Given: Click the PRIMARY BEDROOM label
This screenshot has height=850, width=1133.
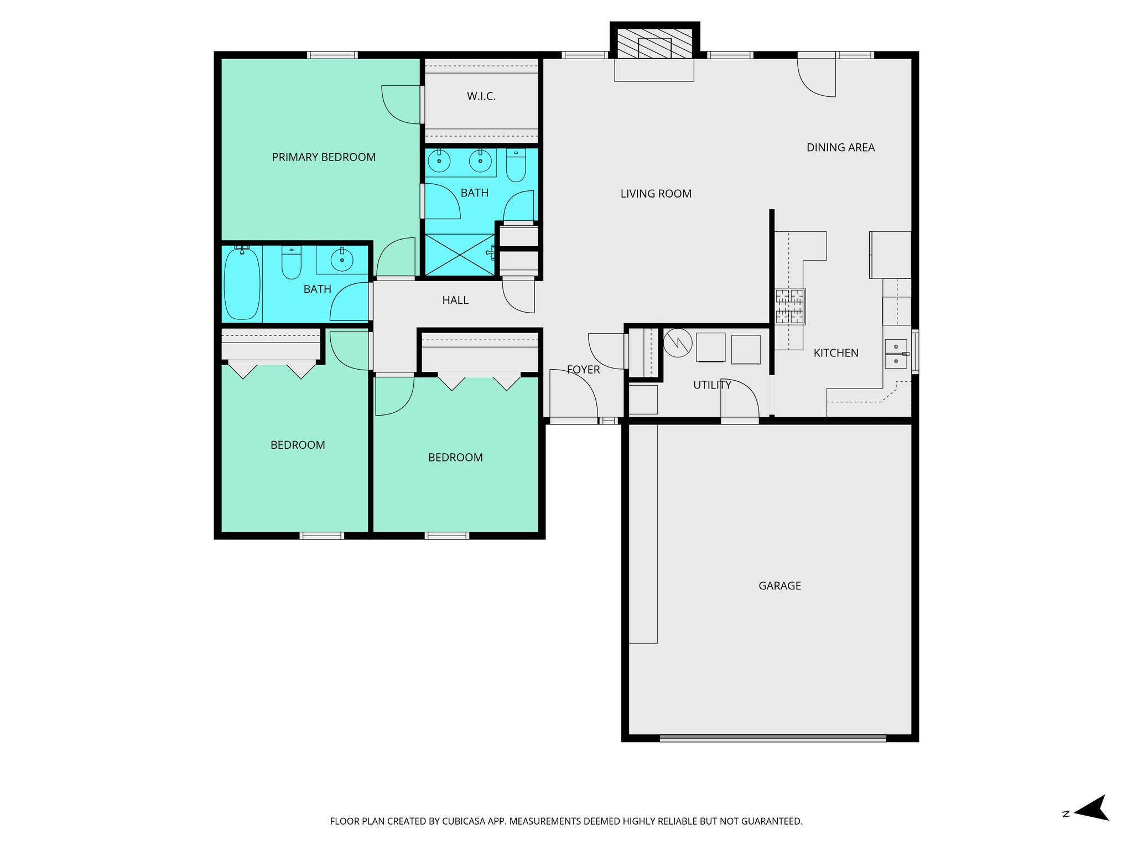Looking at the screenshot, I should [324, 157].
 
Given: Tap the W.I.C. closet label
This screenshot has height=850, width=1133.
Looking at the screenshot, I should [481, 96].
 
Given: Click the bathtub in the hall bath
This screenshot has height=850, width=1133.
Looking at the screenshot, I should [242, 284].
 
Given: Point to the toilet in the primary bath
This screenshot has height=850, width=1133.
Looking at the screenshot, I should [516, 165].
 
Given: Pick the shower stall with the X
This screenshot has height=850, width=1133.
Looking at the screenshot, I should [459, 255].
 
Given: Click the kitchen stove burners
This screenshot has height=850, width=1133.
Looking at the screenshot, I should [790, 306].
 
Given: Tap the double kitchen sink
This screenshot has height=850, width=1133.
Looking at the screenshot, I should [896, 354].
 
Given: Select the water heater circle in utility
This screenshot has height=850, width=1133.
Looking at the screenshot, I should [678, 343].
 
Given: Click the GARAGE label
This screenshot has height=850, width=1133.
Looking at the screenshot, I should [779, 585].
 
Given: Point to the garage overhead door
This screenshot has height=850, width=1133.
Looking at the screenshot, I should [773, 738].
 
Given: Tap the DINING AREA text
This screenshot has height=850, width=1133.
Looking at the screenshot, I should [840, 148].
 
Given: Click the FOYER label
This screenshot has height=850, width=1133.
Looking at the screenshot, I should [583, 370].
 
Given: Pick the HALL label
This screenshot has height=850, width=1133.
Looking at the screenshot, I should [455, 300].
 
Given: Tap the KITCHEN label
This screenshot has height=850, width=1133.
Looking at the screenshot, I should [836, 353].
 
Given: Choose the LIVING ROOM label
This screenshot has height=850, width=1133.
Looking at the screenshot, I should [656, 194].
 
